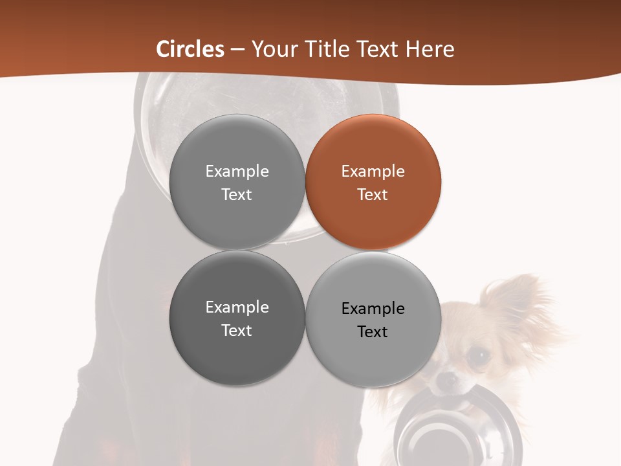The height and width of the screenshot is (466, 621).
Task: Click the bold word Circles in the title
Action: [x=190, y=49]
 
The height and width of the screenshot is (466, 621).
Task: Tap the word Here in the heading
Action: [x=430, y=49]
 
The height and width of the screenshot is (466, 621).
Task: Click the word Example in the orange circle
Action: [x=373, y=172]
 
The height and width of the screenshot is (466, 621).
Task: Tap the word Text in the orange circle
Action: [x=373, y=195]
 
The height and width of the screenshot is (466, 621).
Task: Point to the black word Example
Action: [x=373, y=309]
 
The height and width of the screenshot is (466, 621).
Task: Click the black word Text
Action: [x=373, y=332]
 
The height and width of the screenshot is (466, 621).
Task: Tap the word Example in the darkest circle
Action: [x=237, y=307]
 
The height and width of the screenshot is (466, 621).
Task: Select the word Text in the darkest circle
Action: [x=237, y=331]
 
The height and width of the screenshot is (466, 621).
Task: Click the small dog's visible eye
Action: [x=477, y=357]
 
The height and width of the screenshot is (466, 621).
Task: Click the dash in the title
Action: [x=237, y=50]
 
